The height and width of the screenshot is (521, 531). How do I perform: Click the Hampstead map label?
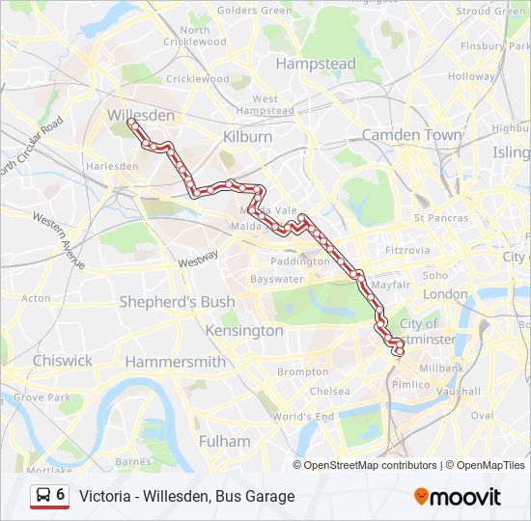point(316,64)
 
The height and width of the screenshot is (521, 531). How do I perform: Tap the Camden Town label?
point(411,135)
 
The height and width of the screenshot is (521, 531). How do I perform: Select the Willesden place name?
point(141,115)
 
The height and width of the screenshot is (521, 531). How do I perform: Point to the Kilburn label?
point(247,137)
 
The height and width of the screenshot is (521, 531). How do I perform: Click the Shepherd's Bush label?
point(177,302)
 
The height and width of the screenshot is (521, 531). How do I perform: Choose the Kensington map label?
point(244,330)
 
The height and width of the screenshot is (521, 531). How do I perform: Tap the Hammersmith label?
point(175,362)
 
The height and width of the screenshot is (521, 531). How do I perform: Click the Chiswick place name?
point(63,360)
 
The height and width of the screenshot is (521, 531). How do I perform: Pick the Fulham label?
point(224,441)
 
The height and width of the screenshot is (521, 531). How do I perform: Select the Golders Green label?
point(255,11)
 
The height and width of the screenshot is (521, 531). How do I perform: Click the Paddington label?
point(300,261)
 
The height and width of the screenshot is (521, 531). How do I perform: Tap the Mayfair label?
point(390,286)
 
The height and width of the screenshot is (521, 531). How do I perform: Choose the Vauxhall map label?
point(459,393)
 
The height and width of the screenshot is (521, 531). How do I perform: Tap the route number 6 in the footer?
point(61,495)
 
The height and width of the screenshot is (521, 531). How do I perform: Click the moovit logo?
point(458,497)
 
